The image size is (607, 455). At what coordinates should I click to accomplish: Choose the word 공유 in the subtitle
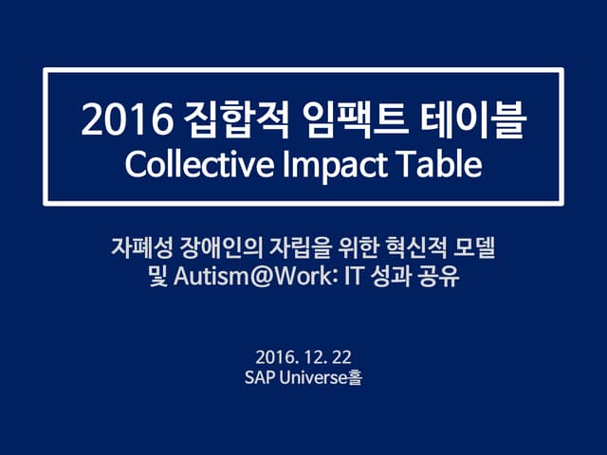click(x=436, y=279)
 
